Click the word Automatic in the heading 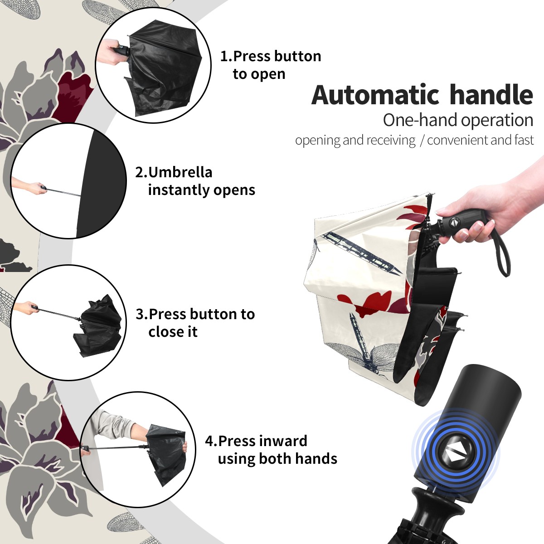[375, 95]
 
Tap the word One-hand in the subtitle [421, 120]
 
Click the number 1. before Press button [226, 56]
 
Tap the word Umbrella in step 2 [180, 172]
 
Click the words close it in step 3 [173, 332]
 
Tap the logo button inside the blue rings [452, 455]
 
